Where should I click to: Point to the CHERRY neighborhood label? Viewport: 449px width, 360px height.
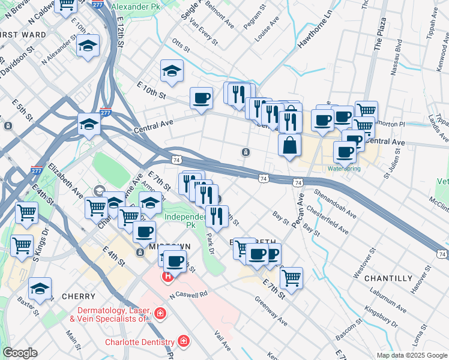[78, 296]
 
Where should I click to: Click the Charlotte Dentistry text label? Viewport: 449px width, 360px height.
[139, 342]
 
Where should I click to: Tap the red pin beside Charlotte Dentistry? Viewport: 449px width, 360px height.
[184, 342]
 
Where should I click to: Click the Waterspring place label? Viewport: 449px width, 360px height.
[344, 169]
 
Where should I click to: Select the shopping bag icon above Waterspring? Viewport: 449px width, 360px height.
[289, 146]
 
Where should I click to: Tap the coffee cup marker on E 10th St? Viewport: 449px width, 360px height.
[201, 98]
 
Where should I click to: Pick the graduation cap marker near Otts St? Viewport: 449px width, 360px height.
[172, 71]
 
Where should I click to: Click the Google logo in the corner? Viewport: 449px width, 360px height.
[20, 353]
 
